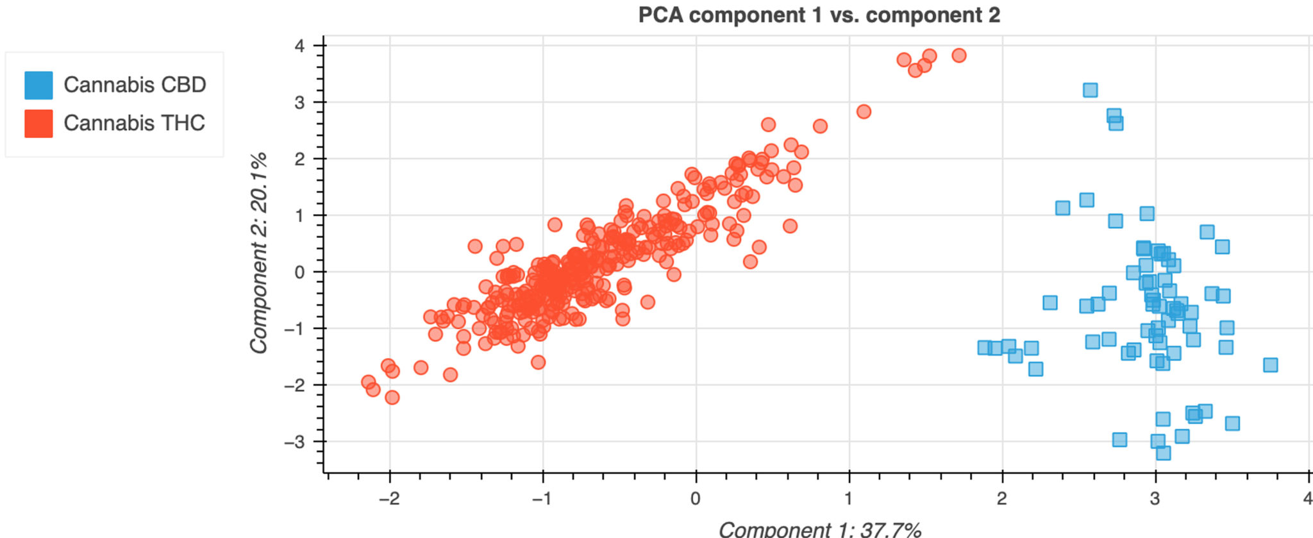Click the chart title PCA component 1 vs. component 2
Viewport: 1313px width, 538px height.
(819, 15)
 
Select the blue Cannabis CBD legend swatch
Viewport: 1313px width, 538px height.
(38, 85)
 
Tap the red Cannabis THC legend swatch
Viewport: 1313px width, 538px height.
(38, 124)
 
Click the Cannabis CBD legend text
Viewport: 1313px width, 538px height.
(135, 85)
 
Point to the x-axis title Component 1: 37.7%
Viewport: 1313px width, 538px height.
(819, 529)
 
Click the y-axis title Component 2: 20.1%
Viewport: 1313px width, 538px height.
(258, 253)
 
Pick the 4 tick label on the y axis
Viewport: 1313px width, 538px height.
(299, 46)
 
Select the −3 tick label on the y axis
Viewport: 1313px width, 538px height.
(296, 442)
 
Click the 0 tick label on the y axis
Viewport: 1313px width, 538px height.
(299, 272)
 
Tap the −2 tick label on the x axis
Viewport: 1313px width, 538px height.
(389, 499)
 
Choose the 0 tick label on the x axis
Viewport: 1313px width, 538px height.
(696, 499)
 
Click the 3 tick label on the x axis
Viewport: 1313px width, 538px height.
(1155, 499)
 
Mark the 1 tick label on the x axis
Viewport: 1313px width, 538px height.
(849, 499)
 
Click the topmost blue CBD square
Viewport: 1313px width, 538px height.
(1090, 90)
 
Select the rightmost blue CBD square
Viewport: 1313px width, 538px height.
(1270, 365)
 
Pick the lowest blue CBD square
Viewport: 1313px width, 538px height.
(1163, 453)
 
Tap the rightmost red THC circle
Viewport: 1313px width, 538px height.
(958, 56)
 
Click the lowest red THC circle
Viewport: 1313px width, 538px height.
(392, 398)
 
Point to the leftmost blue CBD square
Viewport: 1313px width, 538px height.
(985, 348)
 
